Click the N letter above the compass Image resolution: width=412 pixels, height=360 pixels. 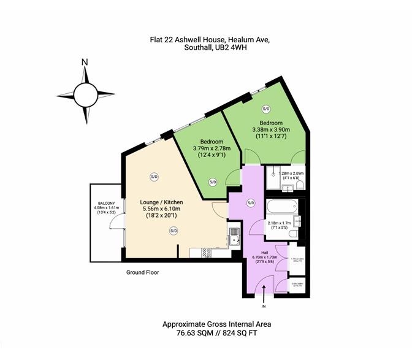85,61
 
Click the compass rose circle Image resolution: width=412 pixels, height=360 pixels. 85,95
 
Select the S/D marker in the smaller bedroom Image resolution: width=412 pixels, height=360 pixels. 213,182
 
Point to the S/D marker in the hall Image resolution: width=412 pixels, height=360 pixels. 251,203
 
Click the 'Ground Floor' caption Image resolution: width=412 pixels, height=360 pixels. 142,272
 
